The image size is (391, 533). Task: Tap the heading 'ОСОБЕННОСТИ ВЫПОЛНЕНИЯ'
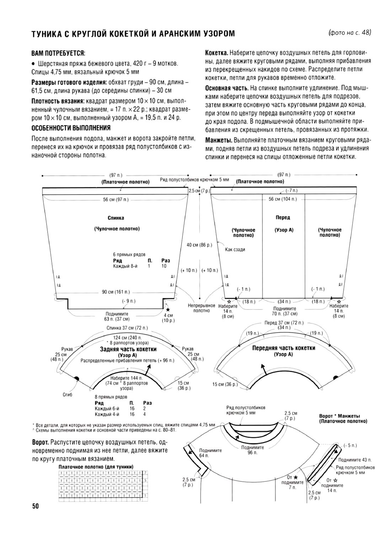(71, 128)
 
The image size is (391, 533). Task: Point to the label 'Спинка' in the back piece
(116, 218)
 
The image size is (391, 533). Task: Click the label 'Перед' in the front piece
(283, 217)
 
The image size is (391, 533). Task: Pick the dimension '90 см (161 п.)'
(116, 292)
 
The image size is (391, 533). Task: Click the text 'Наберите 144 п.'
(127, 378)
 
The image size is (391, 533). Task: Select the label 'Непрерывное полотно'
(201, 308)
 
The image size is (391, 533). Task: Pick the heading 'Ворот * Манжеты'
(340, 416)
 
